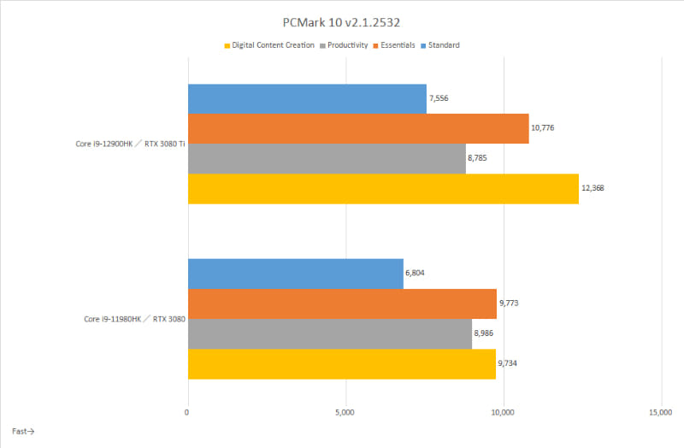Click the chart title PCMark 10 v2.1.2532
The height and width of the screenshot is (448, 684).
pos(341,20)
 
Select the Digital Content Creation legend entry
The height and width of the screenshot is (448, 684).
pos(273,45)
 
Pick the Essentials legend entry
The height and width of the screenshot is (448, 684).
pos(398,45)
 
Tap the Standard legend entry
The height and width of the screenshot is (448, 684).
pos(444,45)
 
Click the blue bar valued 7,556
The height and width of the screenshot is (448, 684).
pos(307,99)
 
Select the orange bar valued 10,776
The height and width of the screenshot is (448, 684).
pos(358,129)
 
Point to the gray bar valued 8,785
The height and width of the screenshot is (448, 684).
pos(327,159)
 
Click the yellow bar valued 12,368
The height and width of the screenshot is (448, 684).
pos(383,189)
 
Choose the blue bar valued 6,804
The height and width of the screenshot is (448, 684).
pos(295,274)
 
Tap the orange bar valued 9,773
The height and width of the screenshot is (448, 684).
pos(342,304)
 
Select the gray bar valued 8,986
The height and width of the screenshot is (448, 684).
pos(330,333)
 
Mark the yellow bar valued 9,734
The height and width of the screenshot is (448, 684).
pos(341,363)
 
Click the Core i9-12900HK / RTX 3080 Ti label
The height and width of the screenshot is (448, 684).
pos(129,144)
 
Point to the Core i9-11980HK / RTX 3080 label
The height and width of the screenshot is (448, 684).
pos(133,319)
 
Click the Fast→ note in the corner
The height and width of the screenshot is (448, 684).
pos(23,431)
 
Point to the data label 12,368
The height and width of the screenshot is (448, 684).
pos(593,188)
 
